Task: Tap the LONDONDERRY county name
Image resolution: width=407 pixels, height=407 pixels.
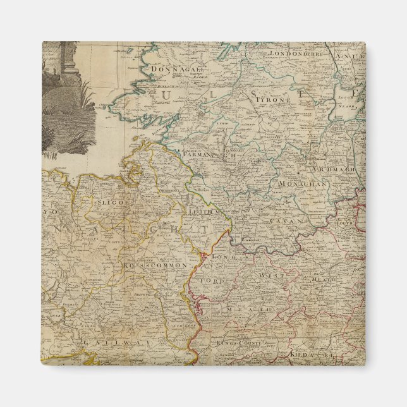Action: click(x=296, y=54)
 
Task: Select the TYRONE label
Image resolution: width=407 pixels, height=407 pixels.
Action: click(x=272, y=100)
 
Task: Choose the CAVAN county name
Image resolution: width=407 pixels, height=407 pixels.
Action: click(x=284, y=221)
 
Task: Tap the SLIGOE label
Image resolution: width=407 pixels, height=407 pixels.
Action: click(x=111, y=202)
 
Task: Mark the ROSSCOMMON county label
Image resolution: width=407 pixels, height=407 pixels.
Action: click(x=155, y=266)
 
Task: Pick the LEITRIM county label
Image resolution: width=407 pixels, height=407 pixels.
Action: click(x=212, y=216)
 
